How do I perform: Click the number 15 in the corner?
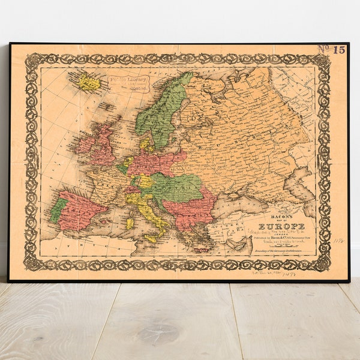coord(339,50)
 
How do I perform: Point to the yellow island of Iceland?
coord(89,83)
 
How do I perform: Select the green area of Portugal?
coord(58,210)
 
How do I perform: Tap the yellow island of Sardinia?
coord(130,223)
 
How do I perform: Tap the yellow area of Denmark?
coord(145,143)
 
